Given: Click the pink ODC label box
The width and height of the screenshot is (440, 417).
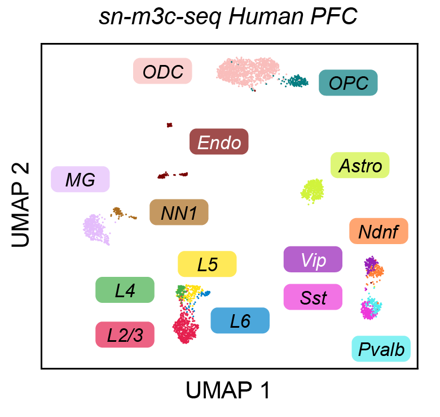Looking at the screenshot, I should tap(162, 71).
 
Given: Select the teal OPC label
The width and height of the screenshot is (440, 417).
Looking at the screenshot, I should tap(348, 83).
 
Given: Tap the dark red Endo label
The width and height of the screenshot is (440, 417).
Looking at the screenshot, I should tap(219, 142).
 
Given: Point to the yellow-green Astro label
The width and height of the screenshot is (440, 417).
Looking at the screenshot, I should tap(360, 166).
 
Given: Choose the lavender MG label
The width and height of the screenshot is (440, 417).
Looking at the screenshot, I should tap(80, 180).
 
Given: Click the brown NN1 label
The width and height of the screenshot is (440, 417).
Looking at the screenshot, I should tap(179, 212).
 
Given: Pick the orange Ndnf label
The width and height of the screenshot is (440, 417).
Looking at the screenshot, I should tap(379, 231).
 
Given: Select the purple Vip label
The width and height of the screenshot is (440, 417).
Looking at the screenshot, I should tap(313, 260).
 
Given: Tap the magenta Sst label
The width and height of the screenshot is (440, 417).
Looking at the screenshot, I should tap(313, 297).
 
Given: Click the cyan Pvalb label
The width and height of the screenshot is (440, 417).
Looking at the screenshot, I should tap(381, 350).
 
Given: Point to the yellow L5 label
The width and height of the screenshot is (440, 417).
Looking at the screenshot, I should tap(207, 264).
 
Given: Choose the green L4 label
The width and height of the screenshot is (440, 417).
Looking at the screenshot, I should tap(125, 290).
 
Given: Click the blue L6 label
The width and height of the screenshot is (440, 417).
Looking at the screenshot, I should tap(240, 321).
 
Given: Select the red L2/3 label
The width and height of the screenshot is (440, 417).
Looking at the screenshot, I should tap(125, 335).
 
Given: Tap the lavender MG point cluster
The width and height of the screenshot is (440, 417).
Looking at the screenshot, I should tap(96, 228).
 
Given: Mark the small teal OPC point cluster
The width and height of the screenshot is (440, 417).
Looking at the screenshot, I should tap(295, 82).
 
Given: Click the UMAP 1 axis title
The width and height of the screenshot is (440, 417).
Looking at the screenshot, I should tap(228, 390).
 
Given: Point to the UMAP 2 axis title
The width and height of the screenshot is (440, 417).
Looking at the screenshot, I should tap(21, 205).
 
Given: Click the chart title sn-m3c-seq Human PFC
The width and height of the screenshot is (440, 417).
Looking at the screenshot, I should tap(228, 17).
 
